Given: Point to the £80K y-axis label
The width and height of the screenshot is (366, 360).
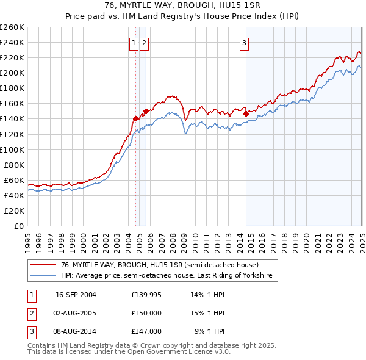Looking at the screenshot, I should [13, 165].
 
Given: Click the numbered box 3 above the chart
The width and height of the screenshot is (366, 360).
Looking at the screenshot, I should [244, 43].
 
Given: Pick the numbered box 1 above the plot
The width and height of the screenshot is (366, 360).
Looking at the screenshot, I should [134, 43].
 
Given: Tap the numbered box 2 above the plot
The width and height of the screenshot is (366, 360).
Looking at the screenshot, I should [144, 43].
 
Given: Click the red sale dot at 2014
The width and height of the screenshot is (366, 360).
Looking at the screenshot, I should [246, 113].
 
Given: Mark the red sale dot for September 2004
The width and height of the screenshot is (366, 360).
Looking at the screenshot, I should [135, 118].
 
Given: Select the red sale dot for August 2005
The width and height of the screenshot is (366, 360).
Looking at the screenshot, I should [146, 111].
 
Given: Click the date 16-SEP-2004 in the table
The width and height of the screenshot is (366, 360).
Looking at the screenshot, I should [76, 295].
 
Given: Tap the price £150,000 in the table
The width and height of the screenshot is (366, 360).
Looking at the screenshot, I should [146, 313].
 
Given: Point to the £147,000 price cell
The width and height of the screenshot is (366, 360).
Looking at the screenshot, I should [146, 331].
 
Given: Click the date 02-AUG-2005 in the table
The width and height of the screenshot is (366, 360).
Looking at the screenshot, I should [76, 313].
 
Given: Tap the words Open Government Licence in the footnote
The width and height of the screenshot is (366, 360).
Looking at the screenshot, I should [181, 351].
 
